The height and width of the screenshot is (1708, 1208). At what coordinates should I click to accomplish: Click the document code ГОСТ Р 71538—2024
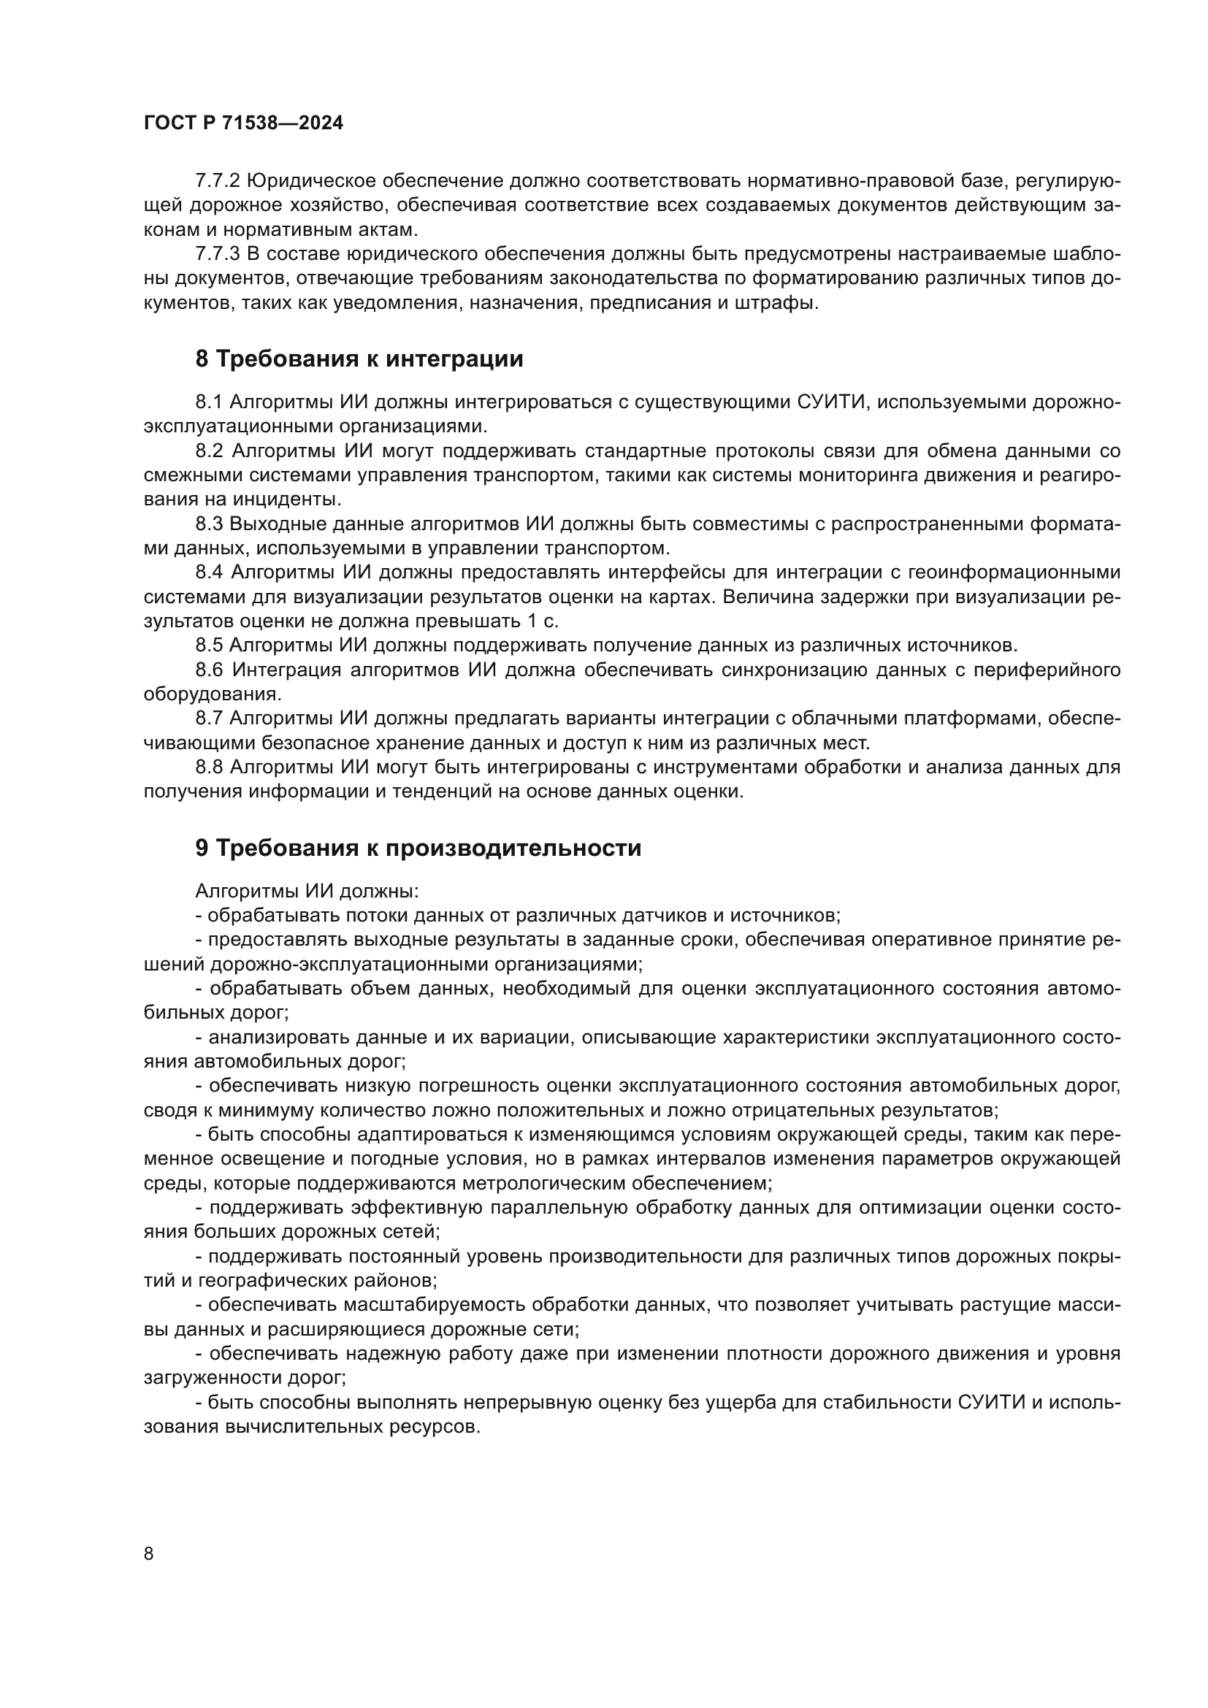(243, 123)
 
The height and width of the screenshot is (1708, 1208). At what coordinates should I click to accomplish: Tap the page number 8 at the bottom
(149, 1554)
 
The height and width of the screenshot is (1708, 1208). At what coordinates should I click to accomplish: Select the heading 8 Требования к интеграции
(359, 359)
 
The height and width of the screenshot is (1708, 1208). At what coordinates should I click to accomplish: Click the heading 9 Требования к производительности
(417, 848)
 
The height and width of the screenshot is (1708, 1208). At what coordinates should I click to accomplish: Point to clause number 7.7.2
(217, 182)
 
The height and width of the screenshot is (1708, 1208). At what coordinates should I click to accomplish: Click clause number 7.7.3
(217, 254)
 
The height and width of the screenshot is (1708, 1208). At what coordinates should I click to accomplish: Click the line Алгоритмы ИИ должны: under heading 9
(307, 891)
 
